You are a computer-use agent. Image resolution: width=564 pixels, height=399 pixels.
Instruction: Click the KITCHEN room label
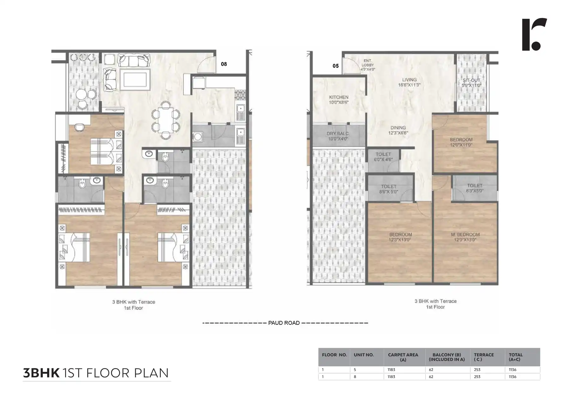(339, 99)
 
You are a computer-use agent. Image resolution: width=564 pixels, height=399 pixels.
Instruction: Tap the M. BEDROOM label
(465, 237)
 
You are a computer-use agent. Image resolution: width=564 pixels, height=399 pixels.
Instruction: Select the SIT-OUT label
(471, 83)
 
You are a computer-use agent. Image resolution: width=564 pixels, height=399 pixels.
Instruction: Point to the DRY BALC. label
(338, 136)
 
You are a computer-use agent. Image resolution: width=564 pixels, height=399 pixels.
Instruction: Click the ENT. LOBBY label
(368, 64)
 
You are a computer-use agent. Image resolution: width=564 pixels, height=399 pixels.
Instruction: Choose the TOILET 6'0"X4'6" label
(383, 157)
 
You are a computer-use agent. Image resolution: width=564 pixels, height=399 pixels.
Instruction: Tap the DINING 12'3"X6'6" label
(398, 130)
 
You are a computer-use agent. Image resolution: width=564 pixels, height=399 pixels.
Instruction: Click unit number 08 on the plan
(224, 64)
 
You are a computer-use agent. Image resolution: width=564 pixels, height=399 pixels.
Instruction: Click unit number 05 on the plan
(336, 66)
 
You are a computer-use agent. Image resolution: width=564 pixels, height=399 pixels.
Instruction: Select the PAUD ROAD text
(284, 323)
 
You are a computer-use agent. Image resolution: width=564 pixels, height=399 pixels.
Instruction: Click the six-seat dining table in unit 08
(166, 120)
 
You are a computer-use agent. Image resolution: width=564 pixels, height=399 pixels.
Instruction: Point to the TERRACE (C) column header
(484, 357)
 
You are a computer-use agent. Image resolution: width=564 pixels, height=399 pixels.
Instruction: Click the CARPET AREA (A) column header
(403, 357)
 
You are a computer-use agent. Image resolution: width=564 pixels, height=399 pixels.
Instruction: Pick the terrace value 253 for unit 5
(477, 370)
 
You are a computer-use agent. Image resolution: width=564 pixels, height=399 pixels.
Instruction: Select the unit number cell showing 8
(355, 377)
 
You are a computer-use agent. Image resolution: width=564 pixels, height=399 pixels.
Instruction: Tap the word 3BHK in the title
(41, 373)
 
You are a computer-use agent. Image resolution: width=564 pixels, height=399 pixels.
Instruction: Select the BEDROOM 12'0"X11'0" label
(461, 142)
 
